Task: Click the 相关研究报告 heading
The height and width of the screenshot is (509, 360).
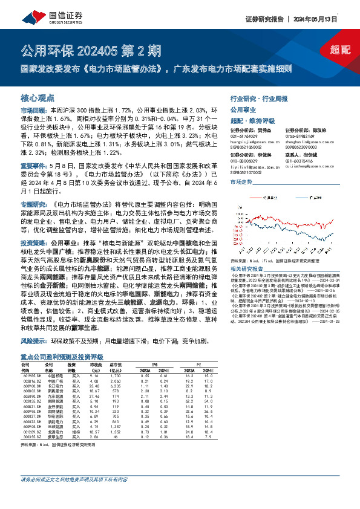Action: [x=246, y=268]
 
